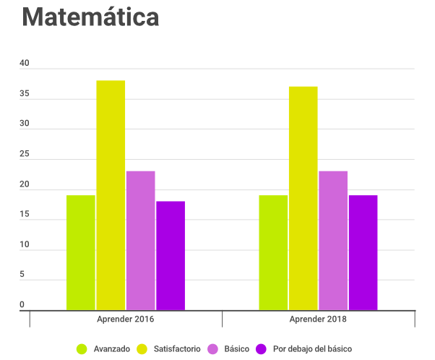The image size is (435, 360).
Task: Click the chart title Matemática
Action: [90, 17]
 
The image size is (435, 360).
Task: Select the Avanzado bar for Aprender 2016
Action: [81, 253]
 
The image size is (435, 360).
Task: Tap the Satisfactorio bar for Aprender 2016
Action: [111, 195]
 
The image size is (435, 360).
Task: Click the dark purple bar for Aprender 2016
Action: [171, 256]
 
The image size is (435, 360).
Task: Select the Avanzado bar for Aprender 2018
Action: [273, 253]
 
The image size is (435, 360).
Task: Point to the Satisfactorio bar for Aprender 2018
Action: [303, 199]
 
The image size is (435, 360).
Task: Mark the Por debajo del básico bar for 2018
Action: [363, 253]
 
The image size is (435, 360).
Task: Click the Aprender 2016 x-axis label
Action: [126, 319]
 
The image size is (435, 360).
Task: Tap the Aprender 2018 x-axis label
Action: [318, 319]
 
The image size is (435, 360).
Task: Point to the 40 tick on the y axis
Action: [25, 64]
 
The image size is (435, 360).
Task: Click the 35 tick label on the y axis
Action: [25, 94]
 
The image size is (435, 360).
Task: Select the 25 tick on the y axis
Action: [25, 154]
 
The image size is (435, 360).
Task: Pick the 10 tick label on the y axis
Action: [25, 244]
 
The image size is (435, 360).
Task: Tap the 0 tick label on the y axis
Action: [22, 304]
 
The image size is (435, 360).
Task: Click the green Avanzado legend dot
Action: [82, 349]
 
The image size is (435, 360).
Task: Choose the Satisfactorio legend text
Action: [176, 349]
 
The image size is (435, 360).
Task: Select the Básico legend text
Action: [237, 349]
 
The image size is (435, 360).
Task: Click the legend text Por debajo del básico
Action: [313, 349]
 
